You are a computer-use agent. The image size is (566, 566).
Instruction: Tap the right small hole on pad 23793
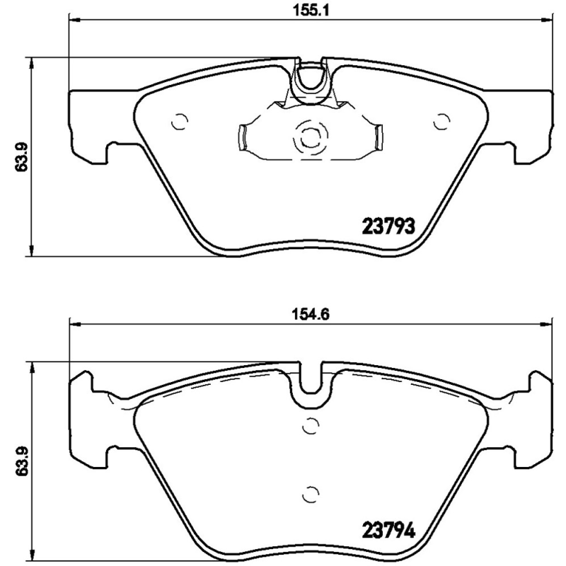pos(442,122)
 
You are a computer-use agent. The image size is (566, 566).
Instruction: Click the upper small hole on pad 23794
pos(310,426)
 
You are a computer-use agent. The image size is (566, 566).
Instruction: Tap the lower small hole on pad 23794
pos(310,493)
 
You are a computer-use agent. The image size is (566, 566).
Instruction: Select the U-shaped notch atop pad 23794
pos(310,386)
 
